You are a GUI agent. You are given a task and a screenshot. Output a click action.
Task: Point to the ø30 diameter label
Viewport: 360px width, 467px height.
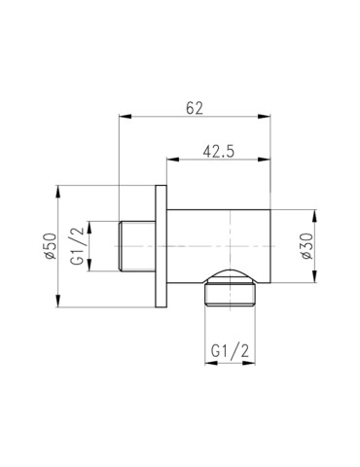pos(306,245)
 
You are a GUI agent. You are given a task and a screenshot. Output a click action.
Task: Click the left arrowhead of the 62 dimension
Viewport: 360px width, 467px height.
pos(123,120)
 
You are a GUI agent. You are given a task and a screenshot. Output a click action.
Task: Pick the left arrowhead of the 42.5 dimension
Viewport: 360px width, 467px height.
pos(171,162)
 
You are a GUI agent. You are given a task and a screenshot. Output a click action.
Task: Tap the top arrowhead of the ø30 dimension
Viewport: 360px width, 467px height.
pos(315,211)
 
